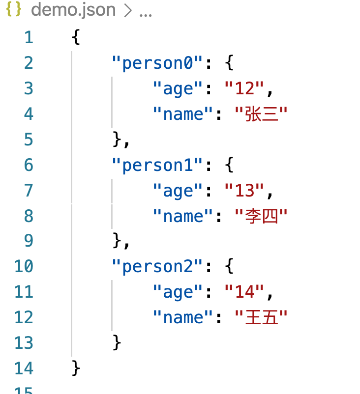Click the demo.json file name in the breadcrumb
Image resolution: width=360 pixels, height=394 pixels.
pos(73,10)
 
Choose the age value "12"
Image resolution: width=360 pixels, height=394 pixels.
pos(244,88)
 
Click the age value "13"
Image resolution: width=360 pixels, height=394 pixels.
pos(244,191)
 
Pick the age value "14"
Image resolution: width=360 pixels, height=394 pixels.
pos(244,292)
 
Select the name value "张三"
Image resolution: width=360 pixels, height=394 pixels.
pos(261,114)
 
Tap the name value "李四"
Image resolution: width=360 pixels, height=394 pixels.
pos(261,216)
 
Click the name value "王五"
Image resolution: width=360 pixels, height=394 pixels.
pos(261,317)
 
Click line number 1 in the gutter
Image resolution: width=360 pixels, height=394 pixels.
pos(29,37)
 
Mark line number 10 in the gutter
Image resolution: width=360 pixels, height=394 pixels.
pos(24,266)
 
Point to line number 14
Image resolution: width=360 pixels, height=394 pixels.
pos(24,368)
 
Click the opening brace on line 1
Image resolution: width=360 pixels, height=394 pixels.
pos(76,37)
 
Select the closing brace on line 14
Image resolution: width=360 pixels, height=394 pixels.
pos(76,368)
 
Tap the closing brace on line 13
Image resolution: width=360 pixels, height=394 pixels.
pos(117,342)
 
